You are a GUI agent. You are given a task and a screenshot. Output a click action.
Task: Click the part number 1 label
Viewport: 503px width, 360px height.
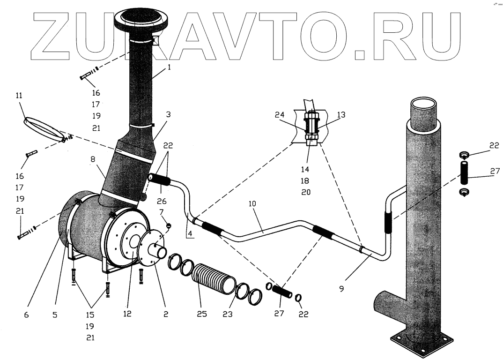coord(169,67)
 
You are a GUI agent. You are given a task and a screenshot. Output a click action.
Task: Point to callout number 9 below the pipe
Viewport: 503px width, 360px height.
coord(341,289)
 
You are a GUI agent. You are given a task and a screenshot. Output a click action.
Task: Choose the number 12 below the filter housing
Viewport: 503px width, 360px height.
coord(127,315)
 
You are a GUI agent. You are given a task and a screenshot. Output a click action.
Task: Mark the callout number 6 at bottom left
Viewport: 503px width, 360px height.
coord(26,315)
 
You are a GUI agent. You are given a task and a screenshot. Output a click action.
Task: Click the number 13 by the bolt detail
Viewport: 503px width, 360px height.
coord(340,115)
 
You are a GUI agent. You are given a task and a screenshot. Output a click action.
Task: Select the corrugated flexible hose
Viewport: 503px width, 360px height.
coord(214,282)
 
